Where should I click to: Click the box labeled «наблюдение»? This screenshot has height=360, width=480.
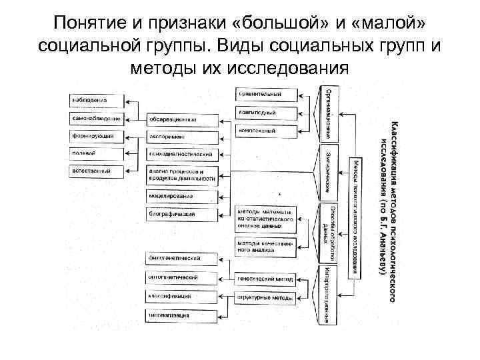[97, 101]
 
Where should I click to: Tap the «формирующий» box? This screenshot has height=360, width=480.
[97, 137]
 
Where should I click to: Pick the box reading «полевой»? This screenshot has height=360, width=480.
[97, 154]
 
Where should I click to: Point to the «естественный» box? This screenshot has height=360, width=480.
[97, 171]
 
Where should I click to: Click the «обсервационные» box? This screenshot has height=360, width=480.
[181, 120]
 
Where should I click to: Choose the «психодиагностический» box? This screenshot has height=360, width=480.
[181, 155]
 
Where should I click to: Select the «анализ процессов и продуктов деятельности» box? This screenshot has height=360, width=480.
[181, 175]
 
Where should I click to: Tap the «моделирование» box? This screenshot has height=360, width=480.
[181, 197]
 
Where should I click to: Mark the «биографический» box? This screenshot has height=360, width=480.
[181, 214]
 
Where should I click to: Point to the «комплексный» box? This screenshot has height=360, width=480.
[266, 131]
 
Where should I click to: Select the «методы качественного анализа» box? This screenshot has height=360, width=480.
[266, 247]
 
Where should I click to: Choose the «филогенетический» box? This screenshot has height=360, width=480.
[181, 258]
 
